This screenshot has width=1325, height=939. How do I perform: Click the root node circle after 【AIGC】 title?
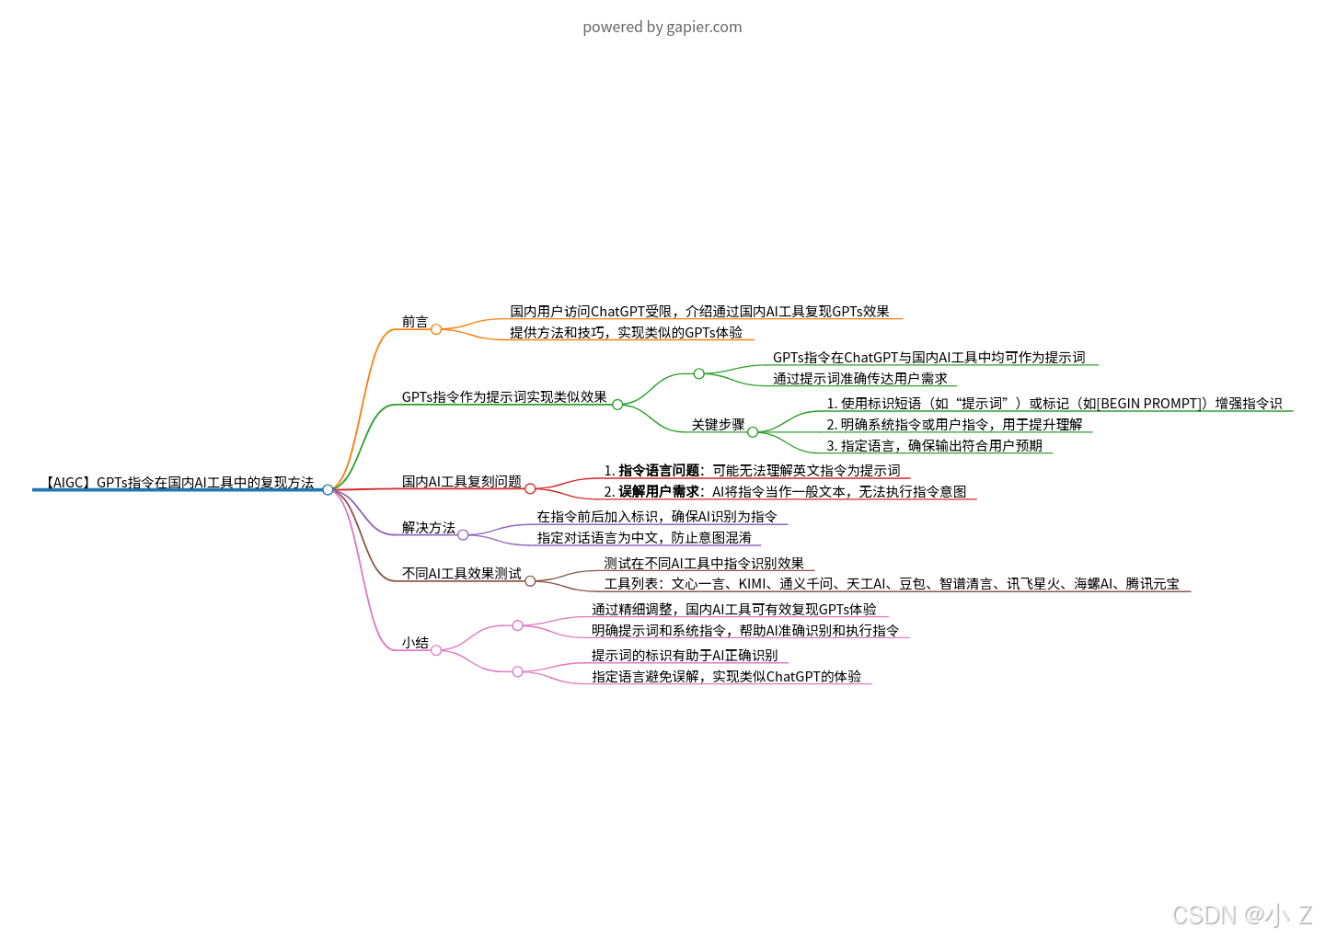coord(328,489)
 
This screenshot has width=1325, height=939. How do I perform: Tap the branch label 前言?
coord(415,322)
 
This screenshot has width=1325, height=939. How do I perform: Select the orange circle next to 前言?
coord(436,329)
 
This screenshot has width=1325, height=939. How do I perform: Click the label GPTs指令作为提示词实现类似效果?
coord(504,397)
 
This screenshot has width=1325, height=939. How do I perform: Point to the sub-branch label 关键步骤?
coord(718,425)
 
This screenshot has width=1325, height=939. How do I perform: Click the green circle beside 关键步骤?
coord(753,432)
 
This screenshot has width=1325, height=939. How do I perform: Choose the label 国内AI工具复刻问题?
coord(462,482)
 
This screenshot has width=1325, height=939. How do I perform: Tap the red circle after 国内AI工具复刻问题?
coord(530,488)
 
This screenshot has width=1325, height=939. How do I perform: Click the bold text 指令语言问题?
coord(659,471)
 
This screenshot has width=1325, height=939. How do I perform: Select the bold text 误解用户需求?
coord(659,492)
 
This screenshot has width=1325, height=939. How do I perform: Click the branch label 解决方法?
coord(429,528)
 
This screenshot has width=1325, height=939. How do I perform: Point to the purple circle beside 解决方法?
coord(463,534)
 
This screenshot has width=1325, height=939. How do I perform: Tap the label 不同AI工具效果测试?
coord(462,574)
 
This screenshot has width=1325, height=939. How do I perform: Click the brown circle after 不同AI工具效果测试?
coord(530,580)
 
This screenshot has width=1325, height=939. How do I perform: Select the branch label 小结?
coord(415,643)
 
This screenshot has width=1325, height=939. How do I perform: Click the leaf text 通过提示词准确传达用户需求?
coord(859,379)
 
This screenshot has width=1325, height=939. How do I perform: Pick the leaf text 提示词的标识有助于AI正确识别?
coord(685,656)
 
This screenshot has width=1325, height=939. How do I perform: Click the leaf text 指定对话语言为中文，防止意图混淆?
coord(644,538)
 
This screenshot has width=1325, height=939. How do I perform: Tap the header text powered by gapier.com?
coord(662,27)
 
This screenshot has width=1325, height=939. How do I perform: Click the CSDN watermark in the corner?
coord(1242,915)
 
